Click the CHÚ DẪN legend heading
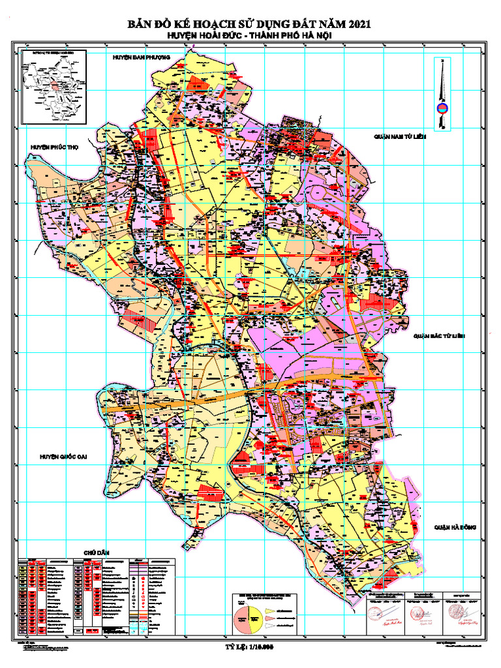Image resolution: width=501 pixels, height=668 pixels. [x=95, y=553]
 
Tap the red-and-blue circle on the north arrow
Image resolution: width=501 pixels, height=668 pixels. [x=442, y=108]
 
